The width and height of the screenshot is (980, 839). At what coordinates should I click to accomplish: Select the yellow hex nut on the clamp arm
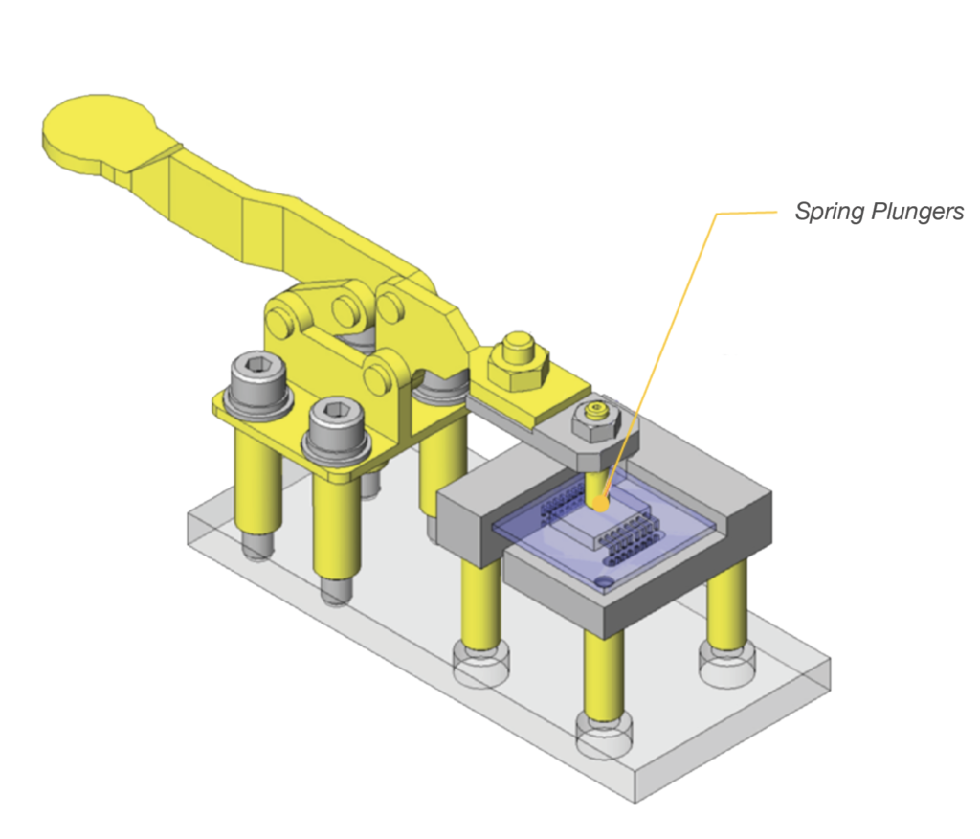pos(518,362)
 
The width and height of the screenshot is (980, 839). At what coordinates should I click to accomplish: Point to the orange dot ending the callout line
pos(598,502)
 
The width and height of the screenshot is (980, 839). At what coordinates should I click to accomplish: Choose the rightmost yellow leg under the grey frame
pos(727,603)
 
